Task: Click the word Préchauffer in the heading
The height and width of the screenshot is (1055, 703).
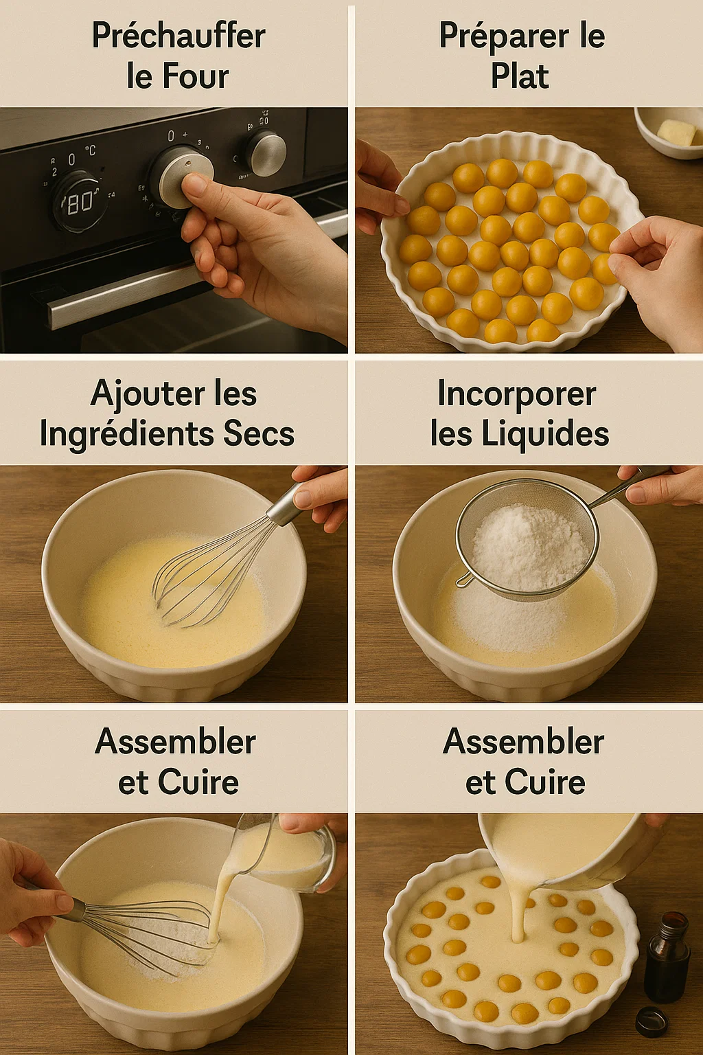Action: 178,36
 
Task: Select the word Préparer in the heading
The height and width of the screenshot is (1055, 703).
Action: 503,36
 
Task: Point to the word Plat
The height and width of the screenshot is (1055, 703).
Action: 520,76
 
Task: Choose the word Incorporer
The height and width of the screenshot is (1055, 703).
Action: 516,394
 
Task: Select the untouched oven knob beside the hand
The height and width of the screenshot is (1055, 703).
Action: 267,153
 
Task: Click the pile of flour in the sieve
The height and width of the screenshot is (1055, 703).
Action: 527,546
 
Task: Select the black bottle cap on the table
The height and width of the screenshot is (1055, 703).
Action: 651,1021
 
